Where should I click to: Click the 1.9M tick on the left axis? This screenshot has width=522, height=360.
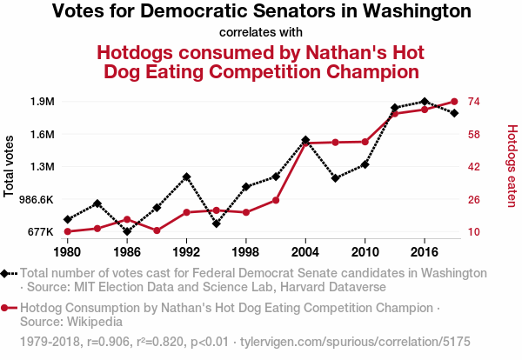tap(42, 102)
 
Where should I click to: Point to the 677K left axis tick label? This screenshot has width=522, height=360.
tap(41, 232)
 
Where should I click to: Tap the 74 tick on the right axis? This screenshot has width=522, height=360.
tap(474, 102)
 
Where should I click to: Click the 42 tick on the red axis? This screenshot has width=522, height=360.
tap(474, 167)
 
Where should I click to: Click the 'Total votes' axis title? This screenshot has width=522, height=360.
tap(10, 166)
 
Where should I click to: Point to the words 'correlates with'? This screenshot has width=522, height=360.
tap(261, 33)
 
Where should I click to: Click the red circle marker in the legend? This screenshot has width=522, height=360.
tap(8, 308)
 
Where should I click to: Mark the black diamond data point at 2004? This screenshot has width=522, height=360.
tap(305, 140)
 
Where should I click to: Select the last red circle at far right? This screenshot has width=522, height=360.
tap(454, 102)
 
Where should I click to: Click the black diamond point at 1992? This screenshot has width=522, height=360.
tap(186, 177)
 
